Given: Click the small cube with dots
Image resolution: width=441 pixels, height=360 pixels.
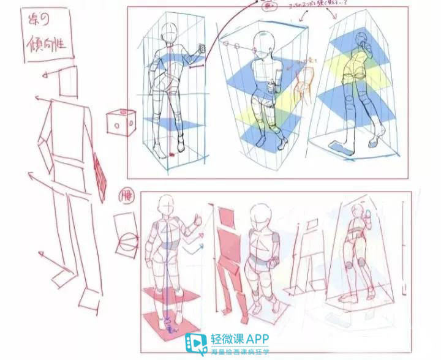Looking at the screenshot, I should coord(120,121).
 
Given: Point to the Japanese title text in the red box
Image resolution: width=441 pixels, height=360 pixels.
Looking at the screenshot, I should coord(47,35).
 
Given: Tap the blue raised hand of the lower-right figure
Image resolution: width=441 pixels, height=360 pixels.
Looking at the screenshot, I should coord(369,218).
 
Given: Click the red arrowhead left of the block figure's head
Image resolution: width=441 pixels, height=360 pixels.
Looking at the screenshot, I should coord(45,75).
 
